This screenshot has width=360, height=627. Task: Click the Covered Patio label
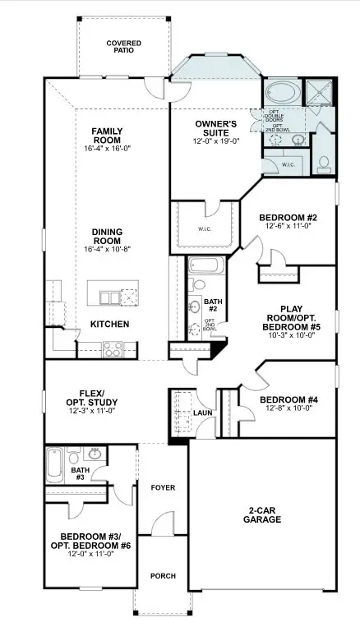123,46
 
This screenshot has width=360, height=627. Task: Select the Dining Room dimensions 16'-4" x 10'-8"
107,248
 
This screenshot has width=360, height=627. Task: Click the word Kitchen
109,324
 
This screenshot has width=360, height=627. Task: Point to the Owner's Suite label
216,128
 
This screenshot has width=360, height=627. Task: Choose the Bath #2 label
211,306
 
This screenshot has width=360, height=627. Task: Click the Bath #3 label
81,473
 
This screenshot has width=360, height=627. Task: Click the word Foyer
163,487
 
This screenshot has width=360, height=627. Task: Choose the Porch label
163,576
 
